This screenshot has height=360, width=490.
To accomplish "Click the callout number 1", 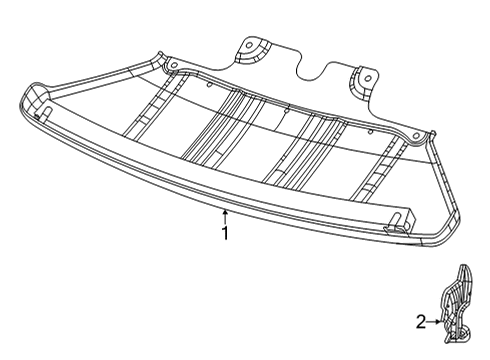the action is point(226,234).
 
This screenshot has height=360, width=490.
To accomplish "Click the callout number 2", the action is point(421,322).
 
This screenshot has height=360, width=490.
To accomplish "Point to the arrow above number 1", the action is point(226,214).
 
